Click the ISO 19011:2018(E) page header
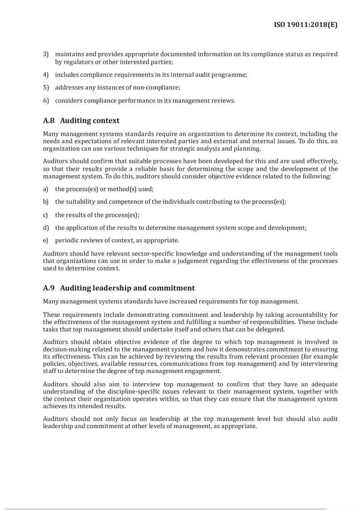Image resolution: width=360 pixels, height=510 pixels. pyautogui.click(x=306, y=25)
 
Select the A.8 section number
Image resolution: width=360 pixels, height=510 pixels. pyautogui.click(x=49, y=121)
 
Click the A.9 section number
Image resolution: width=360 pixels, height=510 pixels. pyautogui.click(x=49, y=288)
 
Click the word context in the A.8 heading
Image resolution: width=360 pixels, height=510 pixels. pyautogui.click(x=106, y=121)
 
